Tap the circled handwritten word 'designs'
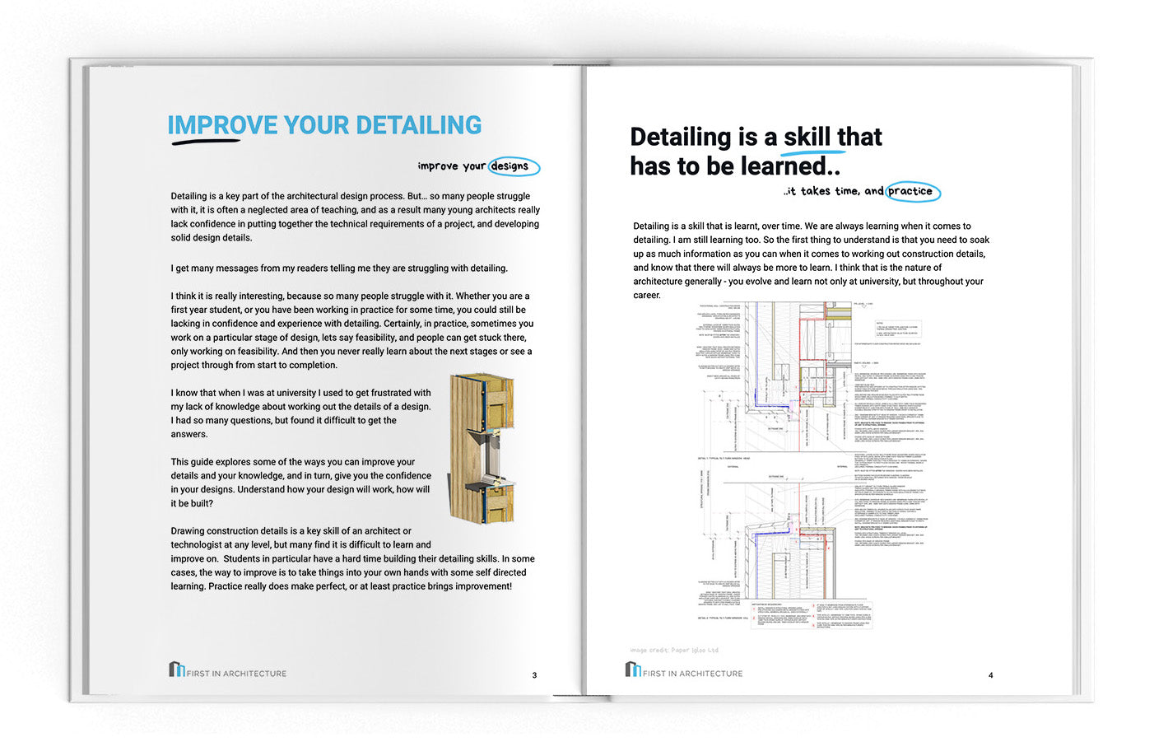510,166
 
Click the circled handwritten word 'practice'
910,191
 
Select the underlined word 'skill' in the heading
807,137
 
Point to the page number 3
534,675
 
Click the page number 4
990,675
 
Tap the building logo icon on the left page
176,669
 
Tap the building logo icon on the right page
632,669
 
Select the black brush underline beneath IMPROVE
206,142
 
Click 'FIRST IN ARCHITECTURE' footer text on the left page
237,674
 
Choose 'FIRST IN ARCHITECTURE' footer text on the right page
693,674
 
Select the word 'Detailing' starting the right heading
680,137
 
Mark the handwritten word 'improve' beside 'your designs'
437,166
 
